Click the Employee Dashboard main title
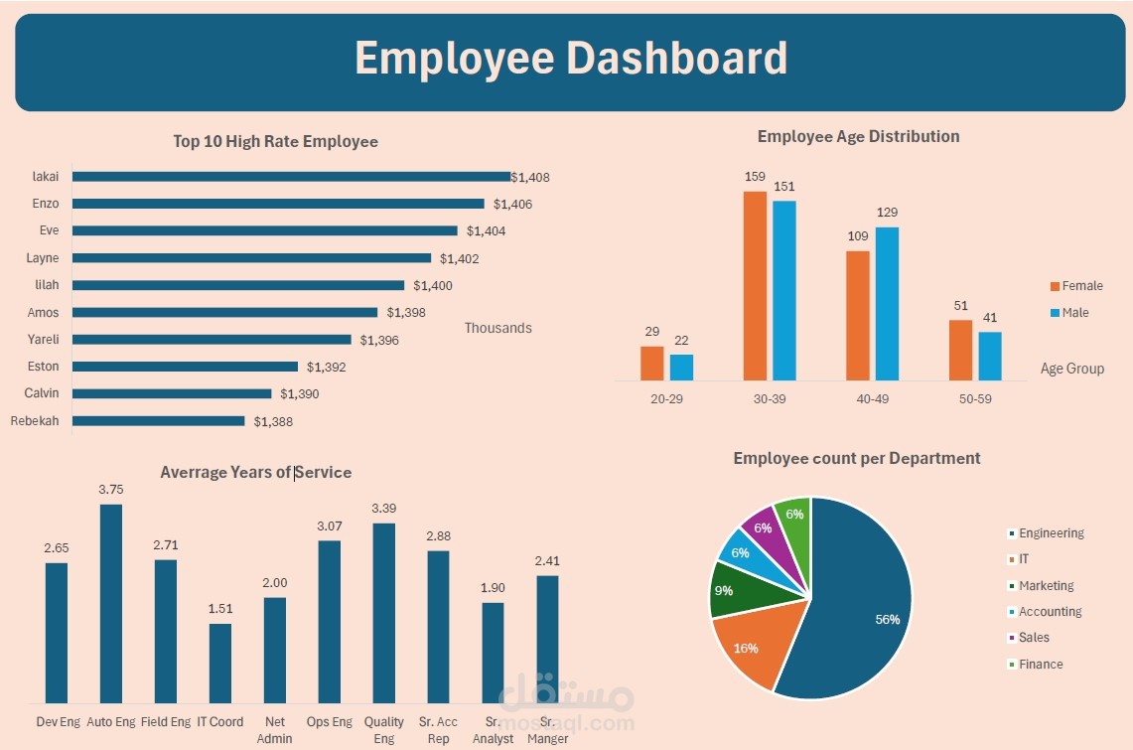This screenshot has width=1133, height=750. [x=570, y=59]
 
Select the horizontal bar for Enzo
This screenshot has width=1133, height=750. [x=278, y=204]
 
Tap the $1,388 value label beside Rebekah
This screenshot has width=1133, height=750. [x=273, y=422]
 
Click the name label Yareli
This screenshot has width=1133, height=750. [x=43, y=340]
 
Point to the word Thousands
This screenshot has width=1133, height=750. [x=497, y=328]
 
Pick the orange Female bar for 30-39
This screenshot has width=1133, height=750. [x=755, y=286]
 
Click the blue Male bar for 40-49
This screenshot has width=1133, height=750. [x=887, y=303]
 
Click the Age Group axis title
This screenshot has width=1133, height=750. [x=1071, y=369]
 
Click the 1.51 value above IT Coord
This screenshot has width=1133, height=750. [x=220, y=608]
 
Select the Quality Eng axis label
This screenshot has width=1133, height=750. [x=384, y=730]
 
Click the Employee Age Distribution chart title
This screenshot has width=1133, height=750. [x=858, y=136]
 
